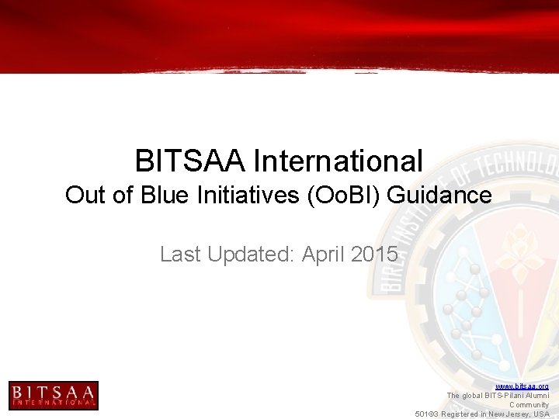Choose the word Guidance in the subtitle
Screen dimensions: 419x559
pyautogui.click(x=439, y=195)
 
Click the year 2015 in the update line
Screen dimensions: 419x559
pyautogui.click(x=375, y=254)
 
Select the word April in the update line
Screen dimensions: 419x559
pyautogui.click(x=324, y=254)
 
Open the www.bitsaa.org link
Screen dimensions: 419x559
pyautogui.click(x=522, y=386)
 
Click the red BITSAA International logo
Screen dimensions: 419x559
pyautogui.click(x=53, y=395)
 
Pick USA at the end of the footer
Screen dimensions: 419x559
pyautogui.click(x=541, y=414)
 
